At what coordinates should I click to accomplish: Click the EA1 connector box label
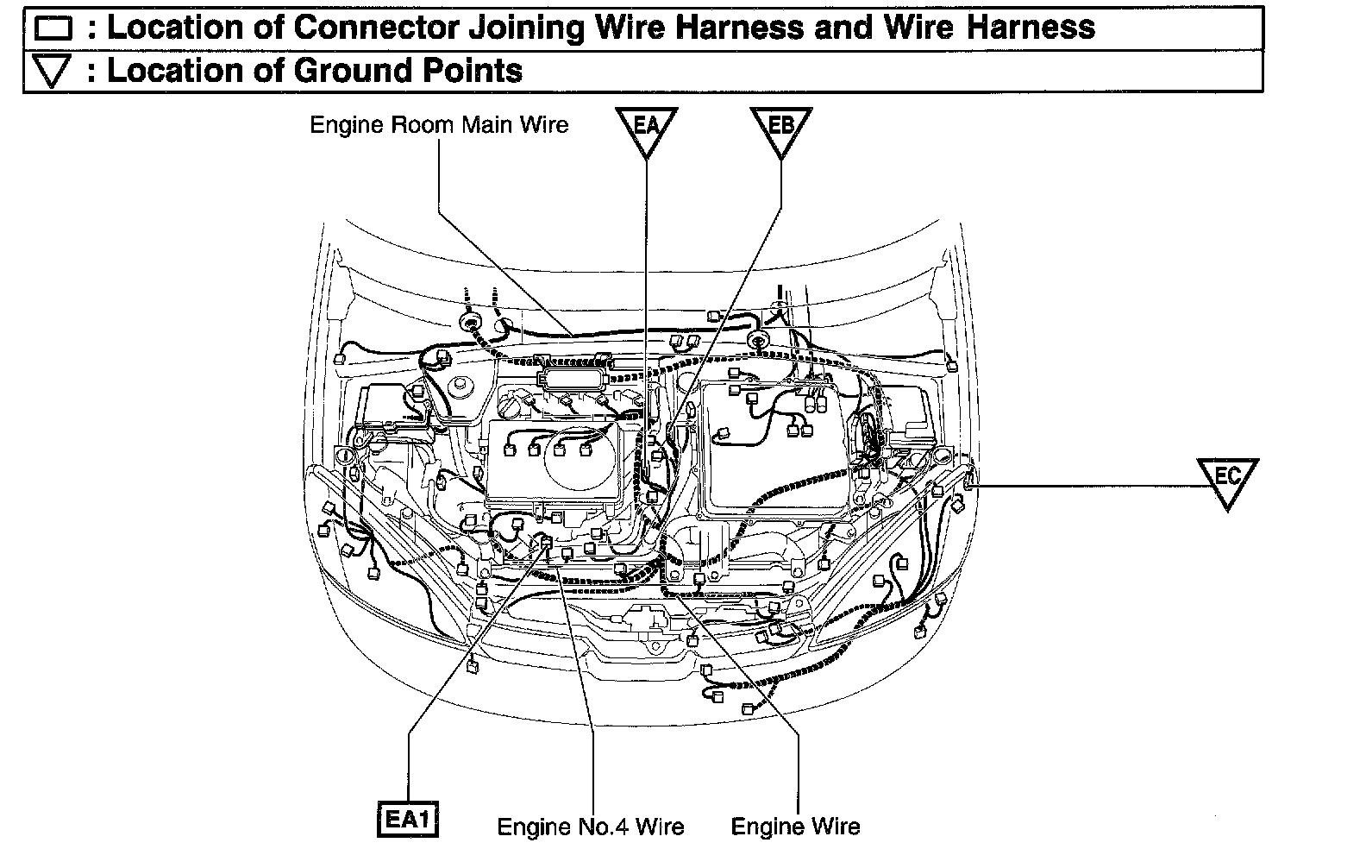tap(407, 819)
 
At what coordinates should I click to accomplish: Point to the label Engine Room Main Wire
tap(439, 125)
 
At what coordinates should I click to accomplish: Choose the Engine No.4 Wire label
tap(591, 827)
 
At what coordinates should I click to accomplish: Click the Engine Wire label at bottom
tap(795, 827)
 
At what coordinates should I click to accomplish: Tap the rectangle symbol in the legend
tap(53, 29)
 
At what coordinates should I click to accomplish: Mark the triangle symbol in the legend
tap(53, 72)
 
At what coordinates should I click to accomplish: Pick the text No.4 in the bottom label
tap(600, 827)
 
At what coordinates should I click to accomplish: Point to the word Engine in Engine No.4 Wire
tap(527, 828)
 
